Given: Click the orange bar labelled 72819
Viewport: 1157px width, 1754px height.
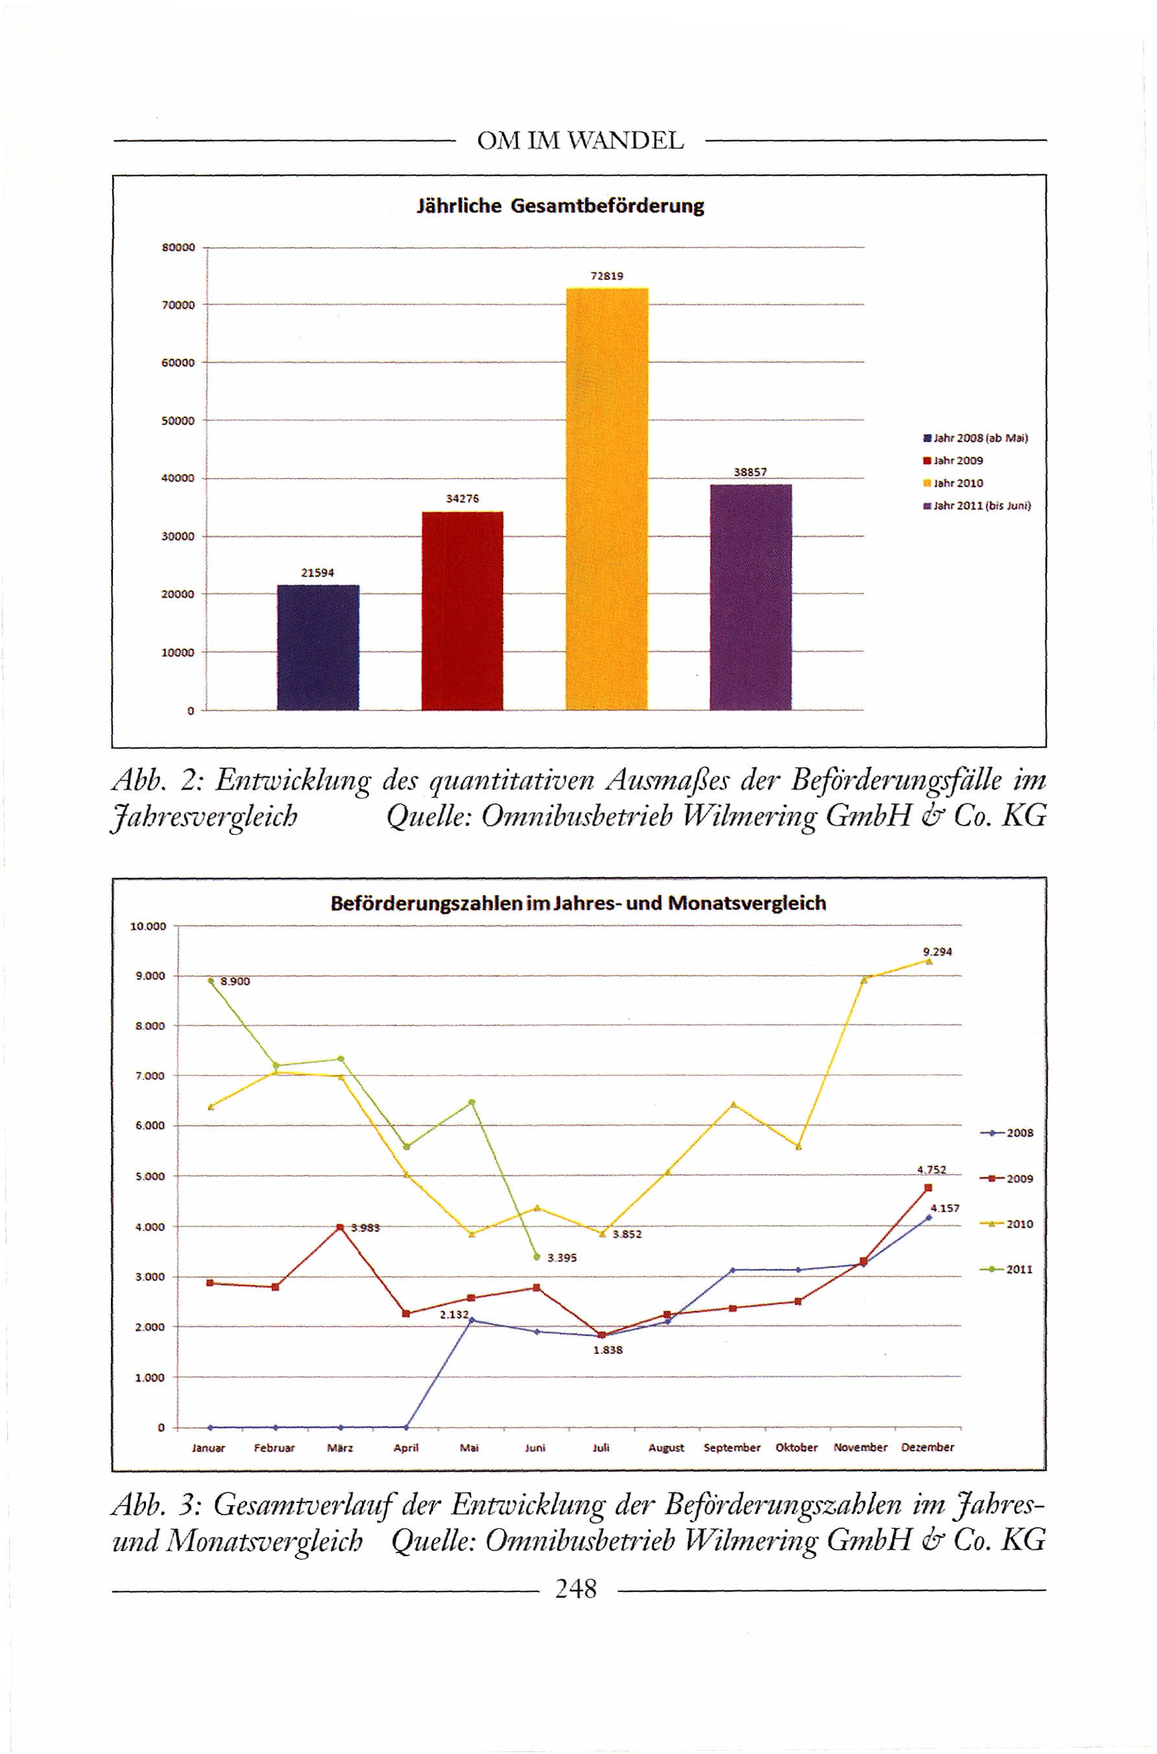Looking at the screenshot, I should click(606, 498).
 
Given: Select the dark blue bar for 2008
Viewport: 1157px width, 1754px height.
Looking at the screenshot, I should click(318, 647).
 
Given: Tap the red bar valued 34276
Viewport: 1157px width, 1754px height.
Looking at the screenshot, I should click(462, 610).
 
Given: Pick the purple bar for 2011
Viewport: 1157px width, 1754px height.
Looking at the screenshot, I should click(750, 597).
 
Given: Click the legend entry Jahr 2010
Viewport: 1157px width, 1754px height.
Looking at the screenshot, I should click(957, 483).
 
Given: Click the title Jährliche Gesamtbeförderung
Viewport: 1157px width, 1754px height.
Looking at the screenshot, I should click(560, 206).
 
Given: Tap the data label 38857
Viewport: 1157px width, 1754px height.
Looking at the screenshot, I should click(750, 472).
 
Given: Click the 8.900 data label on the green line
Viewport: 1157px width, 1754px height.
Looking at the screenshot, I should click(235, 981).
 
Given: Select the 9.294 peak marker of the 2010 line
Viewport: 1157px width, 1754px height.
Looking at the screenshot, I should click(928, 961).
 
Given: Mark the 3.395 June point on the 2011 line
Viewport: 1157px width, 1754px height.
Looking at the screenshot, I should click(536, 1256).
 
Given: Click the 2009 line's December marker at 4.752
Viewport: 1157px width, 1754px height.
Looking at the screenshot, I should click(928, 1188).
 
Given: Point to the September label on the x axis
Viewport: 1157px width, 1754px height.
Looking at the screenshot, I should click(732, 1448).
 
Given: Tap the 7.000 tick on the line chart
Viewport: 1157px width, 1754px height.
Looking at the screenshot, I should click(150, 1077).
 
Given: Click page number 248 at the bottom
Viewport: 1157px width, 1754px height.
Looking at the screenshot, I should click(575, 1589).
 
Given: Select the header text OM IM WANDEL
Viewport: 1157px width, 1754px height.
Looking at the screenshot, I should click(580, 141).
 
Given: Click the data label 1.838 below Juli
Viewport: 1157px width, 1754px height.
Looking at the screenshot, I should click(608, 1351).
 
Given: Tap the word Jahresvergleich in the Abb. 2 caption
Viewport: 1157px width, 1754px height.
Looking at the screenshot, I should click(204, 817).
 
